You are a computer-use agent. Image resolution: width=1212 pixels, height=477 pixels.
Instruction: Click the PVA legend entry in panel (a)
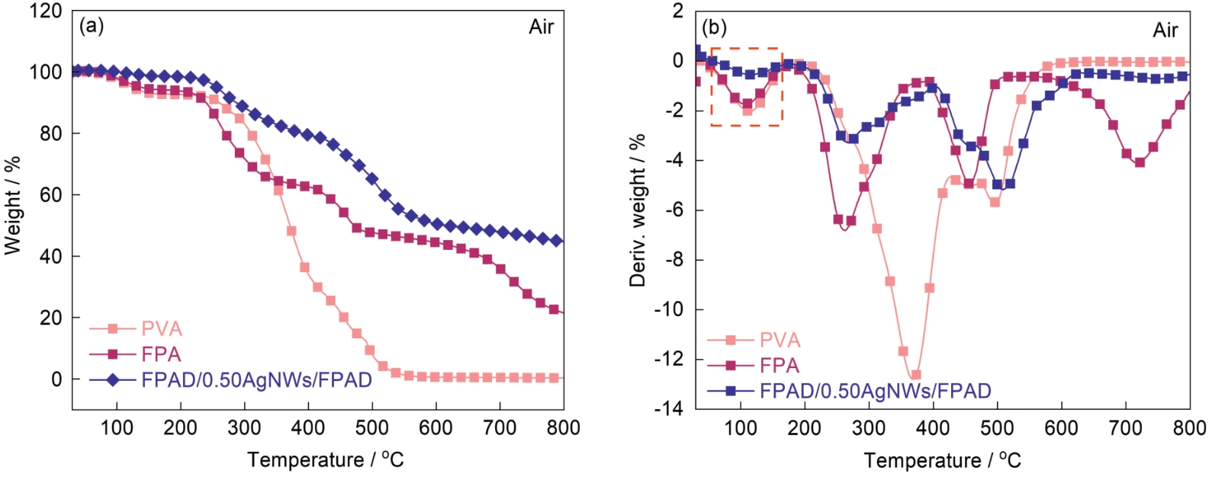[162, 329]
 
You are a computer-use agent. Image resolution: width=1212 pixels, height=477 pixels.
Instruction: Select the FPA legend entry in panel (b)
[779, 366]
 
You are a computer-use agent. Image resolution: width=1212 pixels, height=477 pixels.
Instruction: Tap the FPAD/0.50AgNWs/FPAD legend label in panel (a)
[256, 379]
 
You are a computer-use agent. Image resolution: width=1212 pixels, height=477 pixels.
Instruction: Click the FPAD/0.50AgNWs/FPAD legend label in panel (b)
[875, 391]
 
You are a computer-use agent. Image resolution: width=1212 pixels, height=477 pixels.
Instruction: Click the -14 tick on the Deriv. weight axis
[669, 408]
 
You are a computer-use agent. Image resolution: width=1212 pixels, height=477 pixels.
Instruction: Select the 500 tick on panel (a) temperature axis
[372, 427]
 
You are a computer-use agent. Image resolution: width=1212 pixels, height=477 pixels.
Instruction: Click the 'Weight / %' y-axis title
[13, 206]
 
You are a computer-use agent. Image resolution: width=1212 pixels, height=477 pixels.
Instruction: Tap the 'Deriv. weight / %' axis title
[638, 210]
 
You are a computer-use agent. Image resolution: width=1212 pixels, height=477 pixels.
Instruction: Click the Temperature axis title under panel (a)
[325, 459]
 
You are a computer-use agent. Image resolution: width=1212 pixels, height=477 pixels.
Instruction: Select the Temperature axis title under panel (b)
[942, 460]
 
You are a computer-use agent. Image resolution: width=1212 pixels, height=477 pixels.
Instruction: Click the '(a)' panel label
[92, 27]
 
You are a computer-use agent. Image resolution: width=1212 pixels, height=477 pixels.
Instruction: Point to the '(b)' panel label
[714, 29]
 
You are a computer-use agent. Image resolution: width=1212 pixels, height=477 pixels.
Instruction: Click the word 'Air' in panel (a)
[541, 27]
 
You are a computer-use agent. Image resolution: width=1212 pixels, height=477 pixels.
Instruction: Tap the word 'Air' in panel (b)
[1165, 30]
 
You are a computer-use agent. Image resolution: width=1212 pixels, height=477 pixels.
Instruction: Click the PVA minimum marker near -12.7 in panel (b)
[916, 375]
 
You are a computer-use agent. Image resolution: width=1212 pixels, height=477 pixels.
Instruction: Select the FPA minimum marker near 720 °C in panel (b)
[1140, 162]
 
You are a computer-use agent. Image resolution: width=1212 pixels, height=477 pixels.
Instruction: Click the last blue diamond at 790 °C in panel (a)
[557, 241]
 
